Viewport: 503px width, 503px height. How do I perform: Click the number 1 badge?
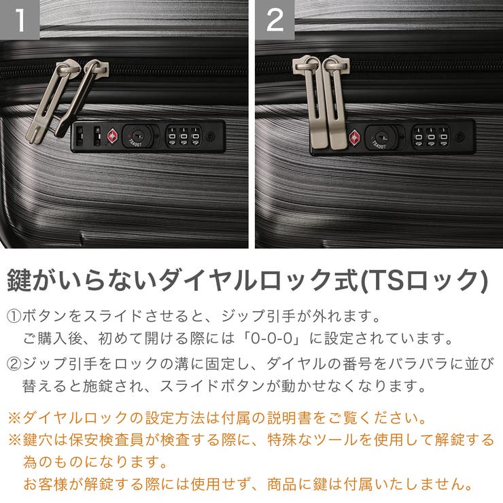coord(20,20)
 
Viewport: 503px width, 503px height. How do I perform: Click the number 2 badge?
coord(275,20)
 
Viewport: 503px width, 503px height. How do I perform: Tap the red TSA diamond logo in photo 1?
coord(111,137)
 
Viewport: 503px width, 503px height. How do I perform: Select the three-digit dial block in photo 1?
coord(183,136)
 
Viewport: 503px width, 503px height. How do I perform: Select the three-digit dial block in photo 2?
coord(430,136)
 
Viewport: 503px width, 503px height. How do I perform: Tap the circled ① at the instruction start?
coord(14,317)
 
